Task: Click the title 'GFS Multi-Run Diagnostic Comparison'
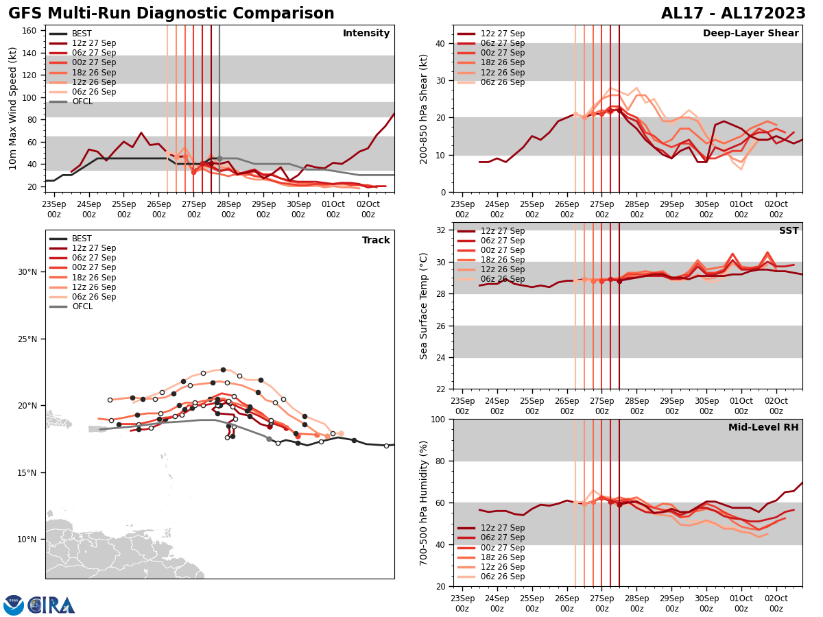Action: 171,14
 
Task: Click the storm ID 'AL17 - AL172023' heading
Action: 733,14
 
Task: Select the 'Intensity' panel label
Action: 366,34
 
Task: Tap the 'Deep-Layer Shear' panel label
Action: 750,34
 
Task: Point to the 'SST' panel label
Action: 789,231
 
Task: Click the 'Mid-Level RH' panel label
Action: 763,428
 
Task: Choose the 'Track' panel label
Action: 376,241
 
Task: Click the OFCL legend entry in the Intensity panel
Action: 82,101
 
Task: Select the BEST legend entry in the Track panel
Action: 82,239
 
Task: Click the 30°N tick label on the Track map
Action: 27,272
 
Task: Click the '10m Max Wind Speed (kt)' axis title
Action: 13,108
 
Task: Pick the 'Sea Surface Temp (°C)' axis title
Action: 424,306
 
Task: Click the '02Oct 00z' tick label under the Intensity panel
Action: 368,210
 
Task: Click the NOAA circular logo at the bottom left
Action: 14,605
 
